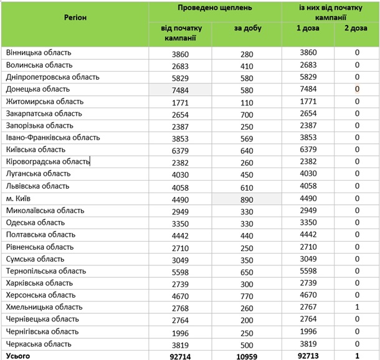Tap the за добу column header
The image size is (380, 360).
pyautogui.click(x=247, y=29)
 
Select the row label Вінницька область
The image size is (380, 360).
pyautogui.click(x=39, y=54)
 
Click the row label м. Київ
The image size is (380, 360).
pyautogui.click(x=18, y=198)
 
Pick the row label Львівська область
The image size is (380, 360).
pyautogui.click(x=37, y=186)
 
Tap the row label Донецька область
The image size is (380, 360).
pyautogui.click(x=37, y=90)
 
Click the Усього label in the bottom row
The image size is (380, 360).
pyautogui.click(x=16, y=356)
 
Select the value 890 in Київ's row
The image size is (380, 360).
pyautogui.click(x=247, y=199)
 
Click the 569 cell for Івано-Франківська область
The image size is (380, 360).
pyautogui.click(x=247, y=138)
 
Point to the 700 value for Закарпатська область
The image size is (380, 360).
pyautogui.click(x=247, y=114)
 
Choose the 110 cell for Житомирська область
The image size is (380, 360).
pyautogui.click(x=247, y=102)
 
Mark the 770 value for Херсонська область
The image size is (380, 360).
pyautogui.click(x=247, y=295)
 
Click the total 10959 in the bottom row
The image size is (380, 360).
pyautogui.click(x=247, y=356)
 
